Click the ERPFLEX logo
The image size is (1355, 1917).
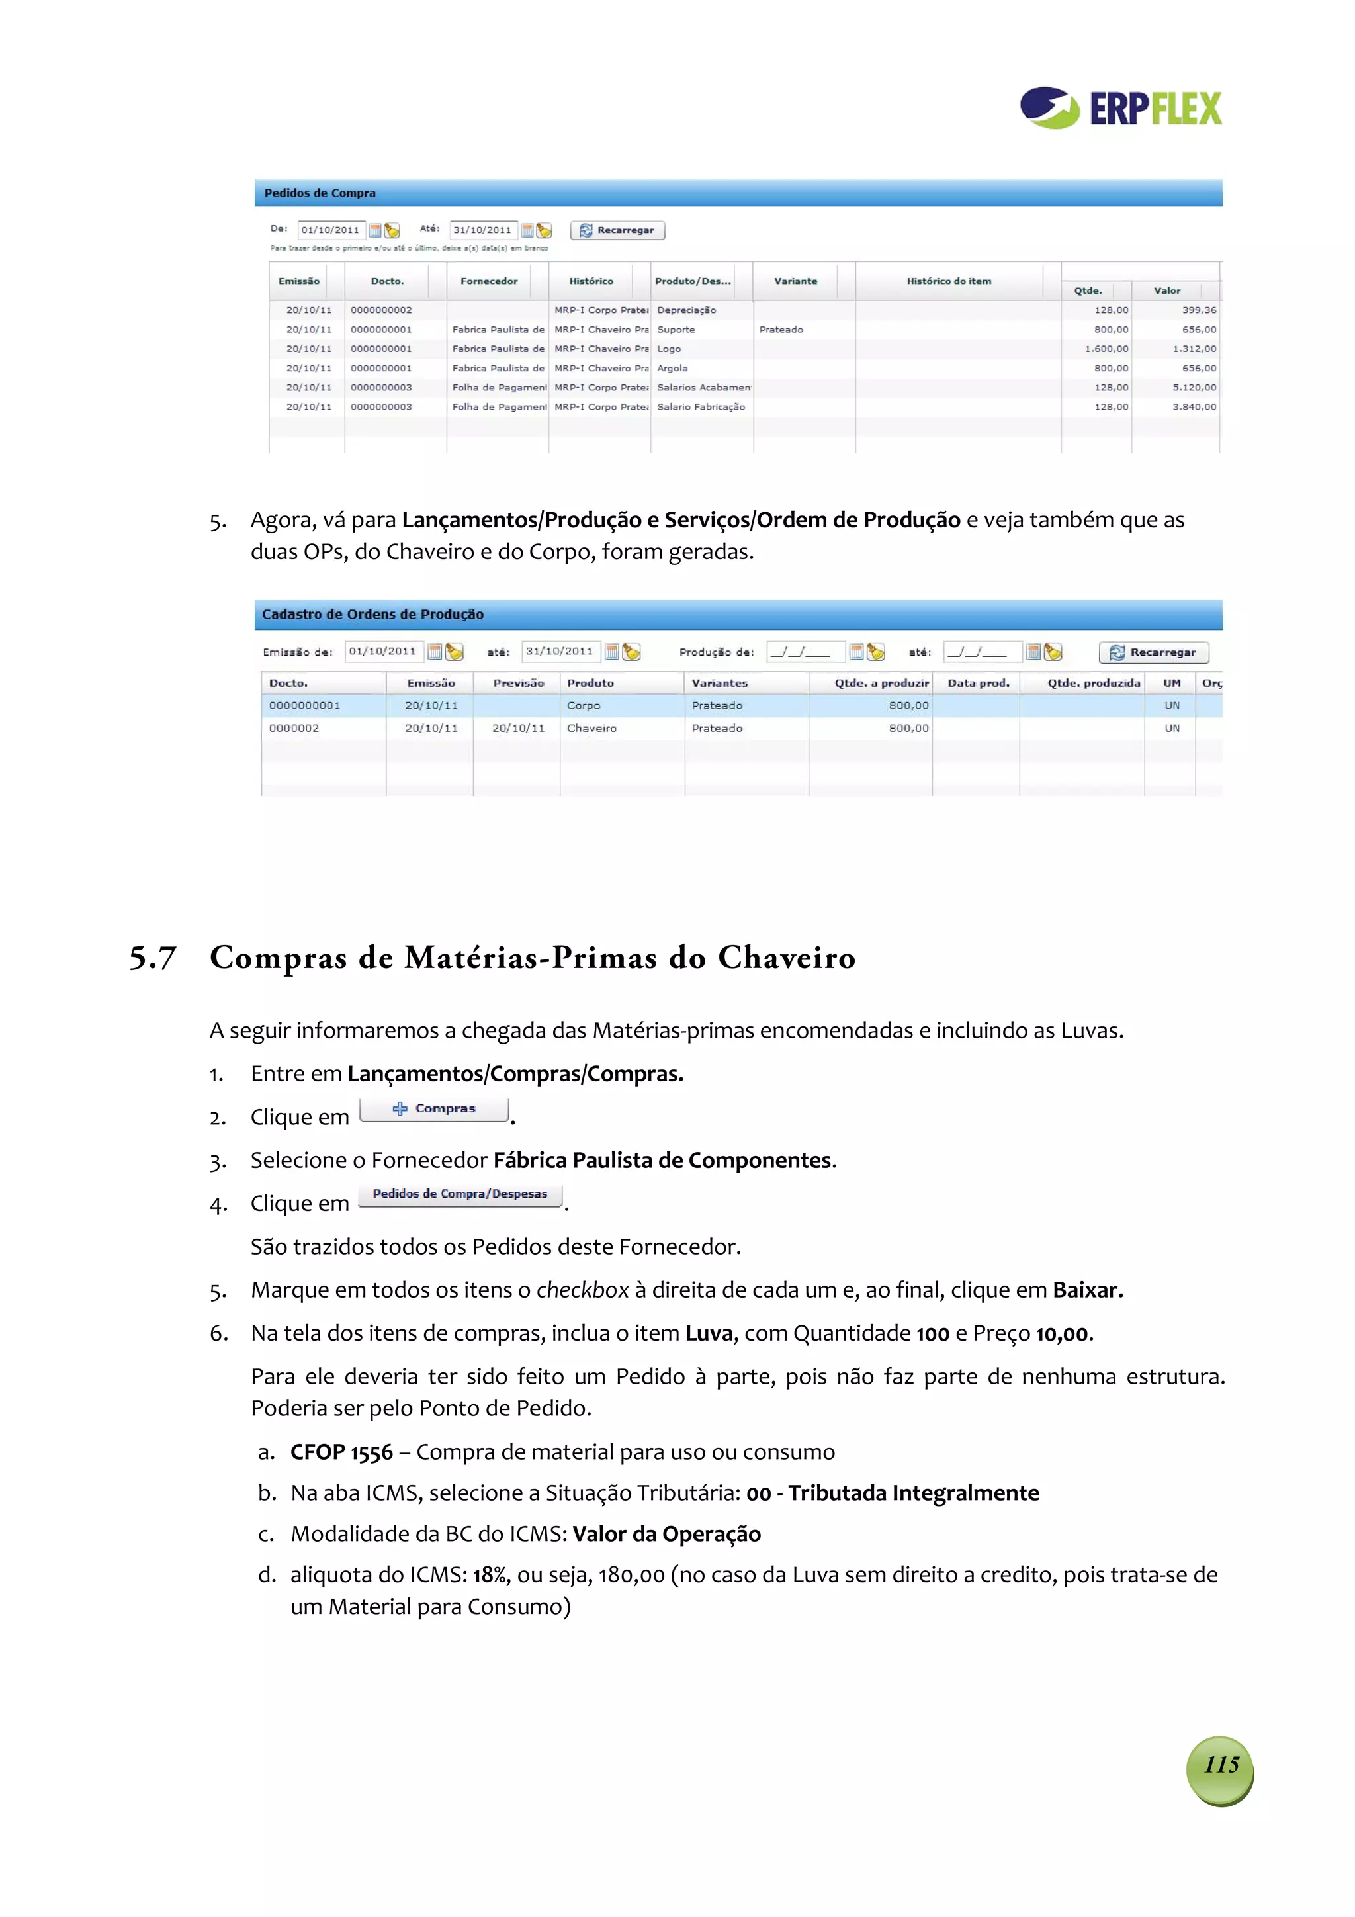tap(1120, 109)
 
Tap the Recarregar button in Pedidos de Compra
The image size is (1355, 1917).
tap(617, 230)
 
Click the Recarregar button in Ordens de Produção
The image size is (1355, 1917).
tap(1153, 652)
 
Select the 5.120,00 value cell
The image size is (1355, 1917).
tap(1193, 387)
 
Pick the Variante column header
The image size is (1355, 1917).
tap(795, 281)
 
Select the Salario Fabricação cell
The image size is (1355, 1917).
tap(701, 406)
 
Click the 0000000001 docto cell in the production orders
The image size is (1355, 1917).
tap(305, 705)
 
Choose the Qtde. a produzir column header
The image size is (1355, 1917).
tap(881, 683)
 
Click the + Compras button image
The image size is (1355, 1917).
tap(434, 1109)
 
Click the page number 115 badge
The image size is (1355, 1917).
tap(1220, 1764)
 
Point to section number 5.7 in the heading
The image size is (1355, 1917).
tap(153, 958)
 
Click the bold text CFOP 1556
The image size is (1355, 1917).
tap(341, 1452)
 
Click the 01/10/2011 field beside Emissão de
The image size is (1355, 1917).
tap(382, 651)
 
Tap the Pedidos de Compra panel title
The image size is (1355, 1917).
tap(320, 193)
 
